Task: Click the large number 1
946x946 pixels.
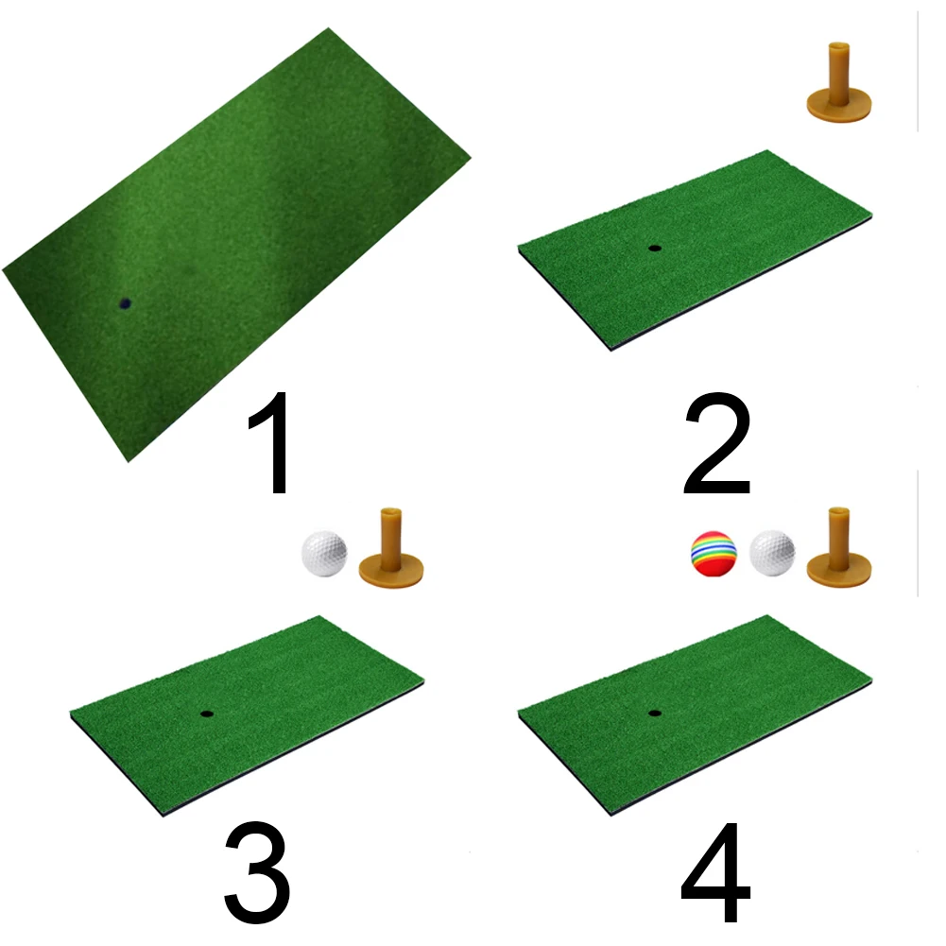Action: point(272,446)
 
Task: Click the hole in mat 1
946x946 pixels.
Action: point(124,304)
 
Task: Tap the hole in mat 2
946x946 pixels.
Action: point(655,249)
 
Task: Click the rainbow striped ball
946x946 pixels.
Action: point(713,555)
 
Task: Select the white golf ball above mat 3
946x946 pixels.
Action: point(324,555)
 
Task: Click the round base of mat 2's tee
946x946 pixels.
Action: point(838,104)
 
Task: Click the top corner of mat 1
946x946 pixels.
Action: point(329,29)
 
